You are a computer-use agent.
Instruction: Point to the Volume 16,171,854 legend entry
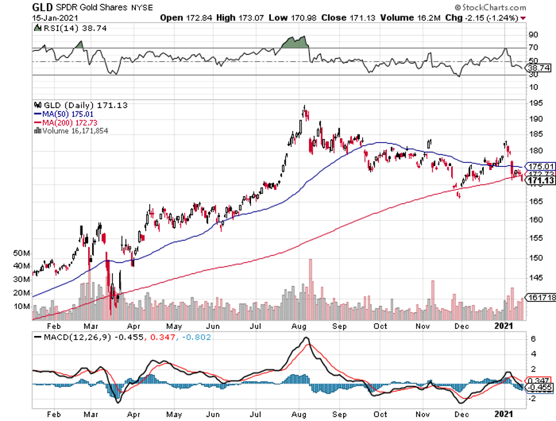[x=75, y=131]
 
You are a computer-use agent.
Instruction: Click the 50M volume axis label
[x=21, y=254]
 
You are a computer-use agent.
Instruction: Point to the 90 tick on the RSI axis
[x=533, y=34]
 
